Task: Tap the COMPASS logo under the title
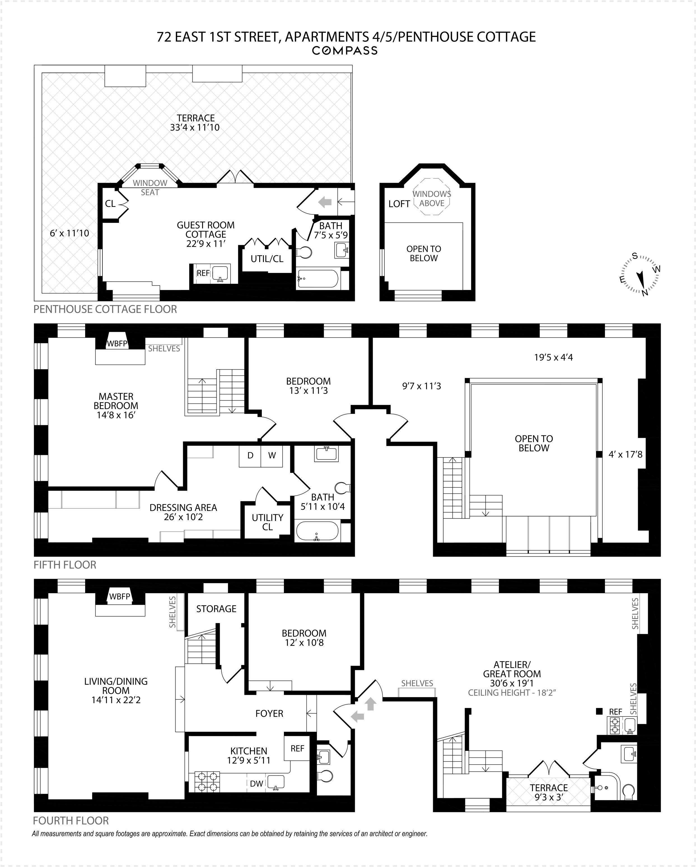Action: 345,51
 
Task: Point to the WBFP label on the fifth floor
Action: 117,344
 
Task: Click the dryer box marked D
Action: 250,456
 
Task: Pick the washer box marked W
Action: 272,456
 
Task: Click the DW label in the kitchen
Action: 256,783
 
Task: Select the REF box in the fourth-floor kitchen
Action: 297,748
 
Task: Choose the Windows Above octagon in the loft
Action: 432,199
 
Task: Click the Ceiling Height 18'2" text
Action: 512,693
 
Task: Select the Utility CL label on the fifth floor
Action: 267,522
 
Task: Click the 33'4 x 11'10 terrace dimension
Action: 195,127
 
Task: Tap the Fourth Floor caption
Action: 71,820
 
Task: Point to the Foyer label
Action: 269,713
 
